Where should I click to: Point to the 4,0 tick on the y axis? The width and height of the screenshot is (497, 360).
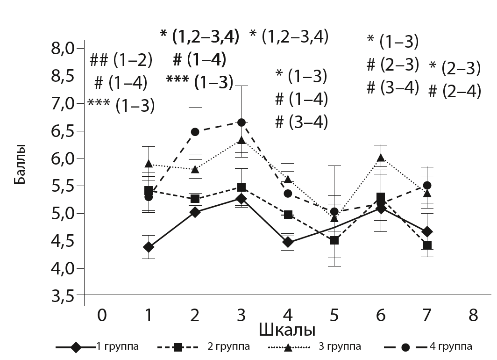63,269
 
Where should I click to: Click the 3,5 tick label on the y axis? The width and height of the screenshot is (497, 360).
63,296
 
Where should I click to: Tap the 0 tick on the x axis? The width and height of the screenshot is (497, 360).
102,316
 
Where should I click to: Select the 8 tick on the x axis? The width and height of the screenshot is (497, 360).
474,316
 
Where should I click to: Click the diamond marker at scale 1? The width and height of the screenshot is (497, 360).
149,247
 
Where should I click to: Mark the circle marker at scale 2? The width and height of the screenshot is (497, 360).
195,132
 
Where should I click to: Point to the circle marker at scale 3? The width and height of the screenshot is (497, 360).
241,122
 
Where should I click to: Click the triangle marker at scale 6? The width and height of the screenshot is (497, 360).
381,158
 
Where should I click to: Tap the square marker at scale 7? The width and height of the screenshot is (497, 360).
427,245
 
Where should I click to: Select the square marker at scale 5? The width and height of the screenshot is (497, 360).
334,240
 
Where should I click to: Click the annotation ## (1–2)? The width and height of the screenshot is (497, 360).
121,60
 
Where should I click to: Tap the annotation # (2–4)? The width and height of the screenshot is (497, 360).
454,91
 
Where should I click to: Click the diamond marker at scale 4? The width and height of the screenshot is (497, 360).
288,242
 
